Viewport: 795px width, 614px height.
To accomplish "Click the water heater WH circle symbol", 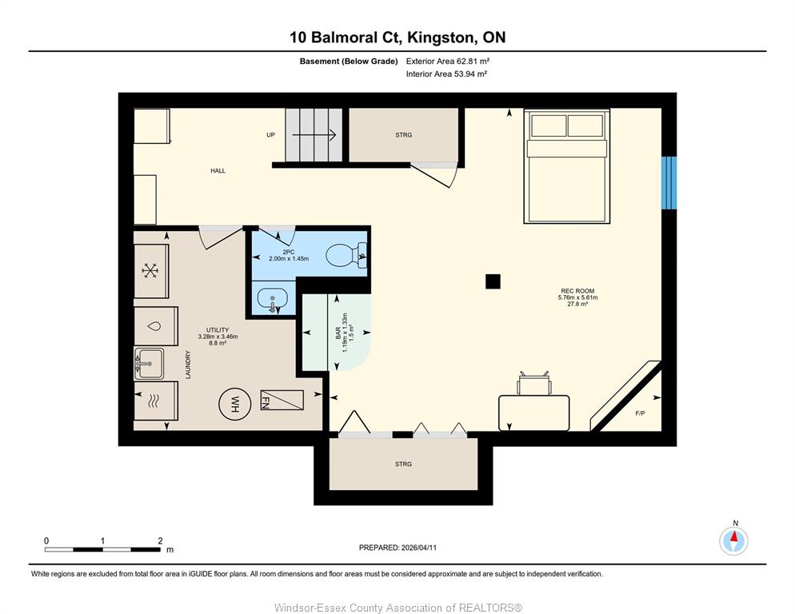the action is [235, 404].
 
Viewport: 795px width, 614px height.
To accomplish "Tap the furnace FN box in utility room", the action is [282, 400].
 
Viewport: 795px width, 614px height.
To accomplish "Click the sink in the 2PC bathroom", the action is [274, 300].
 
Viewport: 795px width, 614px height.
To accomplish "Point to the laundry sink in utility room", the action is [149, 363].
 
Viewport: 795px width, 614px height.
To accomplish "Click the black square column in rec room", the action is [493, 281].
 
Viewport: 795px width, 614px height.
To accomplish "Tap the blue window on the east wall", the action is [669, 182].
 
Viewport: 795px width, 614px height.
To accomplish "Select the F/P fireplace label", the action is [641, 413].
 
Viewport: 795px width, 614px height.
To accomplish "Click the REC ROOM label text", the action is [577, 291].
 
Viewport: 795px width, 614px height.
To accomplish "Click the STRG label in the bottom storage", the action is [404, 464].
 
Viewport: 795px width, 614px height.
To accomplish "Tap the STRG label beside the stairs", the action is [404, 135].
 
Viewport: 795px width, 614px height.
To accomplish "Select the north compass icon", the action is [733, 540].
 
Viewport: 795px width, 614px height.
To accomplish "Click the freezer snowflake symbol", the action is [150, 271].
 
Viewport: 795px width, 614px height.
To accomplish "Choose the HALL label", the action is [218, 171].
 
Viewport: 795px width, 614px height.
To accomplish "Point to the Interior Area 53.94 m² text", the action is [446, 74].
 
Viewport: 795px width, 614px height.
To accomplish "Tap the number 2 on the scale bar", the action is [160, 540].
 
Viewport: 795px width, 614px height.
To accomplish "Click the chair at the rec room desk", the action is [534, 383].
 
